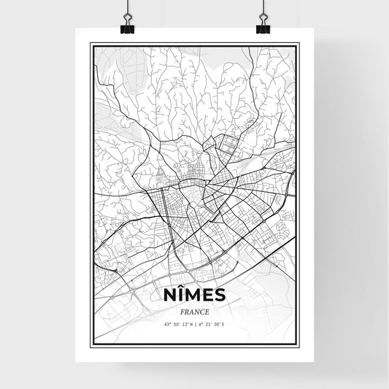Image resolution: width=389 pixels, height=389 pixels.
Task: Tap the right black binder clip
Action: (263, 27)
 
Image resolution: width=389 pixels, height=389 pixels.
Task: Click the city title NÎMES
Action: (194, 294)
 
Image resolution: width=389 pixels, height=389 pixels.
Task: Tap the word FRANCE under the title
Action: (194, 312)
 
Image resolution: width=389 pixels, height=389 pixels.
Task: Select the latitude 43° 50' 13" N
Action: (178, 325)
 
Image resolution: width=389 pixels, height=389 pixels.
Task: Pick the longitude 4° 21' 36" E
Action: (212, 325)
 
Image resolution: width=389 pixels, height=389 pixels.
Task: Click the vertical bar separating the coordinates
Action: (196, 325)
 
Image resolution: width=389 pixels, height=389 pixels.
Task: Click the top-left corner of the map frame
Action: (91, 44)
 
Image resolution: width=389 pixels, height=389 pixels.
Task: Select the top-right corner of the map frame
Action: (298, 44)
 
